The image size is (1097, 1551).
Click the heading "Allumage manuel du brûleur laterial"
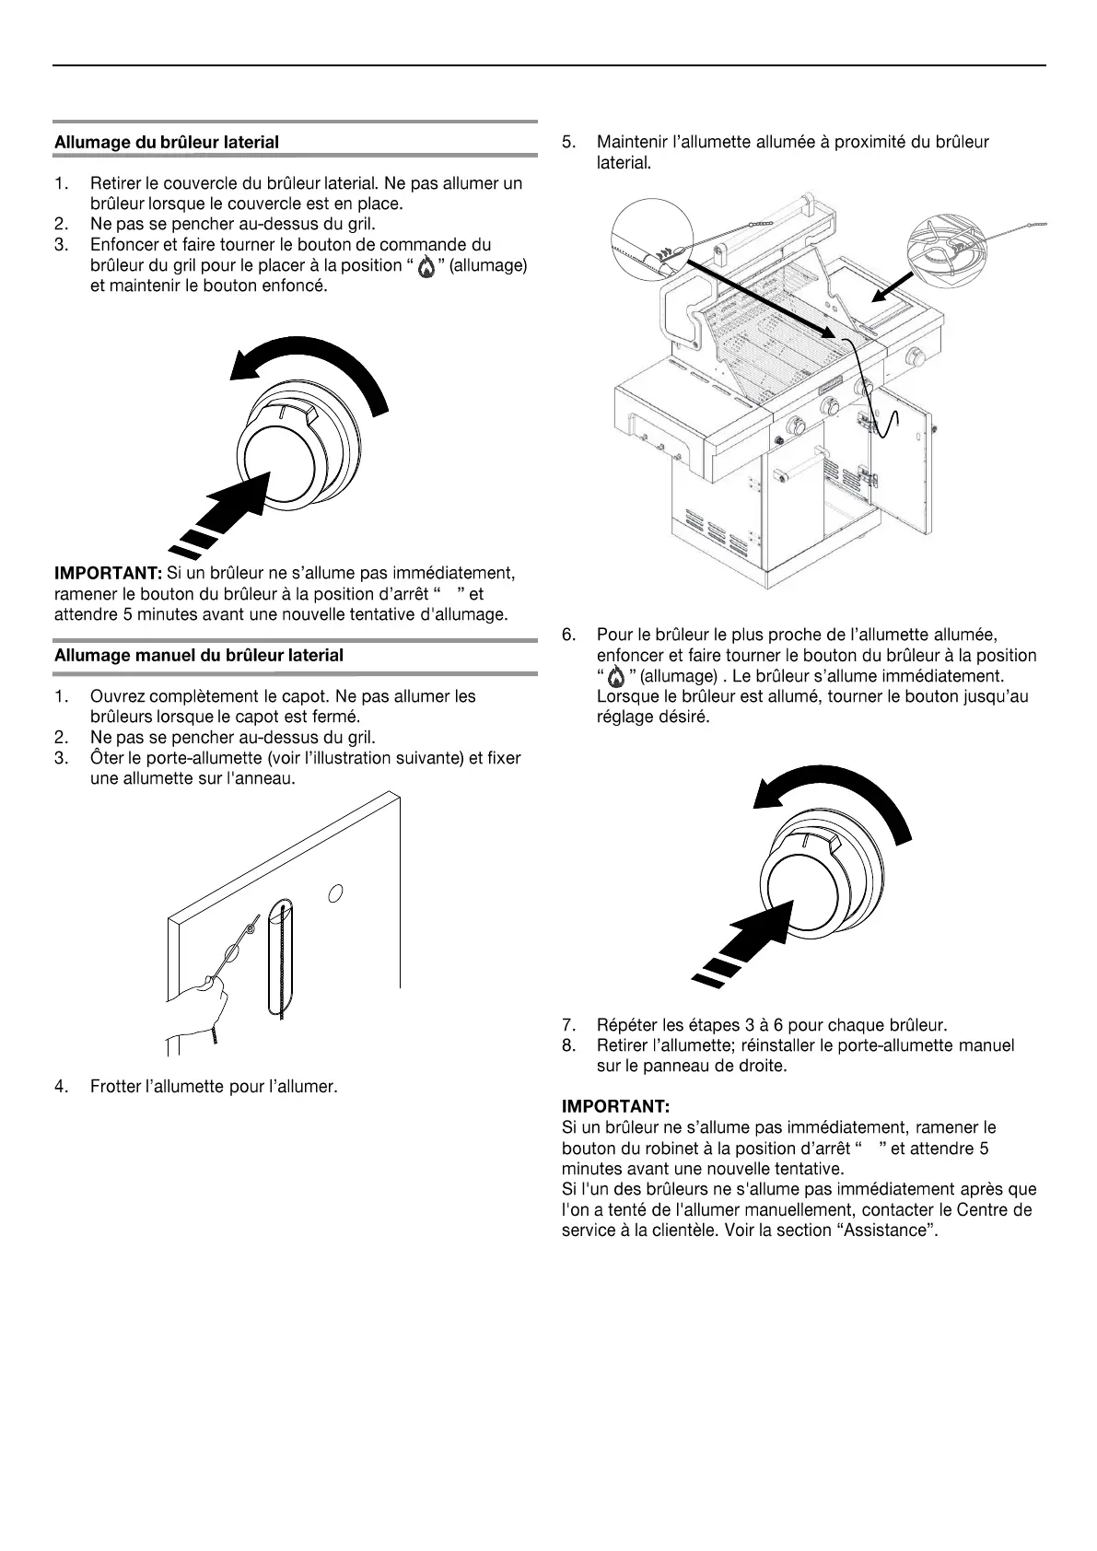tap(199, 656)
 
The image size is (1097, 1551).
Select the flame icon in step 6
tap(616, 677)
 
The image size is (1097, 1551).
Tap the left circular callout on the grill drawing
tap(652, 237)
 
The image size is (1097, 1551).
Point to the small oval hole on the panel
tap(337, 892)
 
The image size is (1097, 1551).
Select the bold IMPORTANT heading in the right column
tap(614, 1105)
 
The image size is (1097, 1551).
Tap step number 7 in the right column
tap(568, 1024)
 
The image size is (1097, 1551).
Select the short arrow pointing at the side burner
tap(893, 286)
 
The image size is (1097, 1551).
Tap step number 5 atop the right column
tap(568, 142)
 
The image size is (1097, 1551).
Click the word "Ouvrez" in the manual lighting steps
tap(116, 696)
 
